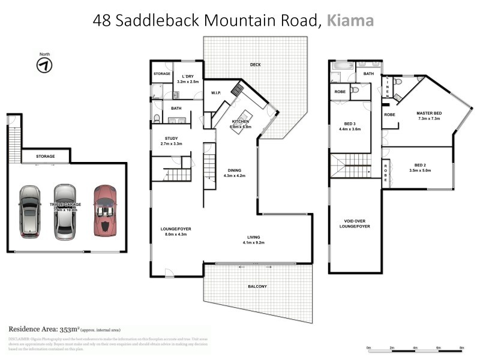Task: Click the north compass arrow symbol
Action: click(x=44, y=65)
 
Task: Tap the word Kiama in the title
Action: click(x=350, y=20)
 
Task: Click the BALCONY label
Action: click(x=257, y=286)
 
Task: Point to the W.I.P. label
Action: click(x=217, y=92)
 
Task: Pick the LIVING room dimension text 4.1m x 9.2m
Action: click(x=253, y=242)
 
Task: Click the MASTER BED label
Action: click(x=429, y=113)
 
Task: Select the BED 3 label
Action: click(x=349, y=124)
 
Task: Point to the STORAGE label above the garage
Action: click(x=45, y=157)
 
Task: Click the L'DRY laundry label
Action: click(x=187, y=76)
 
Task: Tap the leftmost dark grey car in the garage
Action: click(x=29, y=210)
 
